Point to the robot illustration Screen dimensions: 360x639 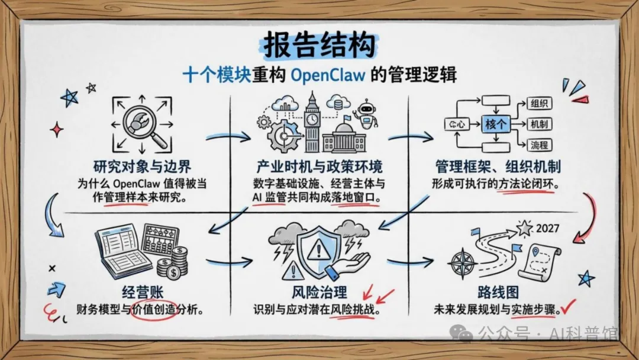364,115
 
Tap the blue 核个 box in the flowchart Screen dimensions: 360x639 496,124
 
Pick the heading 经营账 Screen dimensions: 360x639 142,292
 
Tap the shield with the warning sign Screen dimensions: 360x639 320,252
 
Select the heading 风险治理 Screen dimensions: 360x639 319,292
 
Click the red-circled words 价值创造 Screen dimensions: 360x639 155,308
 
